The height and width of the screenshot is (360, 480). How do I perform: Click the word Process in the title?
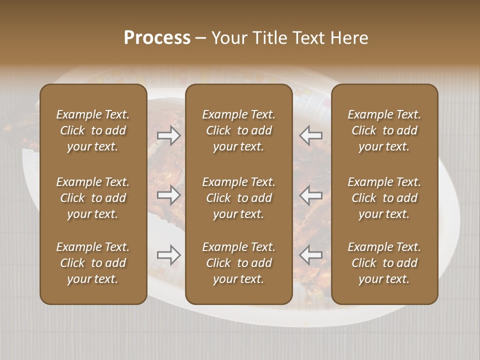pyautogui.click(x=157, y=38)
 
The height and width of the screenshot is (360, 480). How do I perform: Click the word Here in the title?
pyautogui.click(x=349, y=38)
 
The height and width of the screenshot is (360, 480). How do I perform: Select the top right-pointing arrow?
pyautogui.click(x=169, y=135)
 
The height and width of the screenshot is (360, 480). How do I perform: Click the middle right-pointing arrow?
pyautogui.click(x=169, y=195)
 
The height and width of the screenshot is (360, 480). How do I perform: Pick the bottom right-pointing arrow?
pyautogui.click(x=169, y=255)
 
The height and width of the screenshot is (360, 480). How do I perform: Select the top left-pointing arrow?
pyautogui.click(x=311, y=135)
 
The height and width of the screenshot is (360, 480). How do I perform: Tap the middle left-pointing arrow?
pyautogui.click(x=311, y=195)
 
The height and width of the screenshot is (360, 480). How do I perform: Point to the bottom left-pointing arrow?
pyautogui.click(x=311, y=255)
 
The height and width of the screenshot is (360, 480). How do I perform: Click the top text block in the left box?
pyautogui.click(x=93, y=130)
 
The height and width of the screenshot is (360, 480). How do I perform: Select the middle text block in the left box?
pyautogui.click(x=93, y=198)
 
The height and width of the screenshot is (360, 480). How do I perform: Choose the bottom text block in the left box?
pyautogui.click(x=93, y=263)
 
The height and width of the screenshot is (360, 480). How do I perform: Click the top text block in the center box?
pyautogui.click(x=239, y=130)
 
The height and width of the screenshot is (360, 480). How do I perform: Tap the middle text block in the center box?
pyautogui.click(x=239, y=198)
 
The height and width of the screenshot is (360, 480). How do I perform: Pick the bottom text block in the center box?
pyautogui.click(x=239, y=263)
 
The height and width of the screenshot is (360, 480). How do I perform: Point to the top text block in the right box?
pyautogui.click(x=384, y=130)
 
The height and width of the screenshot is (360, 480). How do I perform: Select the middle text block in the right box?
pyautogui.click(x=384, y=198)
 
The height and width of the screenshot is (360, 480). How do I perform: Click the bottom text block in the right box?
pyautogui.click(x=384, y=263)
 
